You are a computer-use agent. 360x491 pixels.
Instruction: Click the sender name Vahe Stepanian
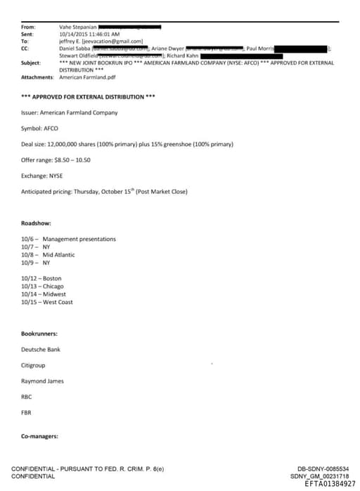point(78,27)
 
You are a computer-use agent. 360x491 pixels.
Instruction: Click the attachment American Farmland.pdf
point(87,77)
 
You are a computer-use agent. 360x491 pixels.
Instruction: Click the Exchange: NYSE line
point(43,176)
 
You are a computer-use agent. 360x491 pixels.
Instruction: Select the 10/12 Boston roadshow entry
point(41,279)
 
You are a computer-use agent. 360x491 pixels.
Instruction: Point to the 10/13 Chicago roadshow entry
point(43,287)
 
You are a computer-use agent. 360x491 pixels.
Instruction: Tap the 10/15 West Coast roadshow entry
point(47,302)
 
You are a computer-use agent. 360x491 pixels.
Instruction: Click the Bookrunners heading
point(40,334)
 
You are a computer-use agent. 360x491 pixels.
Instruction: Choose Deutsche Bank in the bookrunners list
point(41,349)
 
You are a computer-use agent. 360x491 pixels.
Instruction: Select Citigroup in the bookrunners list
point(34,365)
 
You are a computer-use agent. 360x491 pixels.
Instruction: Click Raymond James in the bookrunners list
point(43,381)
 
